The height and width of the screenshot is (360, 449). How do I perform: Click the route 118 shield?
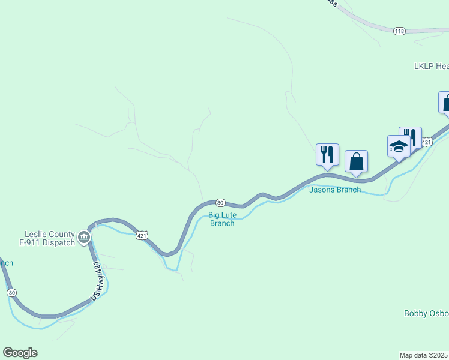coord(400,31)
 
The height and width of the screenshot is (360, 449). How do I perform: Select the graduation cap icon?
coord(398,146)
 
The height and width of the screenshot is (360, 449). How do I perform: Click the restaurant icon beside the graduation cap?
coord(410,137)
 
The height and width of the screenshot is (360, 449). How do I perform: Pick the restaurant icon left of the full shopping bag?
coord(327,154)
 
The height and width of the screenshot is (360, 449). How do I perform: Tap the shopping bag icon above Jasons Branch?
coord(356,161)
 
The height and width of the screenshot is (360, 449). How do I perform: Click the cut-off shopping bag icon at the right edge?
coord(445,102)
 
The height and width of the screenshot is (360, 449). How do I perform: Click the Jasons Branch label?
coord(335,190)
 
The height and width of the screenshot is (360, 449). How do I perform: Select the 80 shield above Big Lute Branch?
coord(220,203)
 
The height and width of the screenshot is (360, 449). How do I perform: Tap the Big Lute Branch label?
coord(221,219)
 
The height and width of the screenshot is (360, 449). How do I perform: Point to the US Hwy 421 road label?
coord(98,280)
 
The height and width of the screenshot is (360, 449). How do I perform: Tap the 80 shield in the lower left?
coord(11,293)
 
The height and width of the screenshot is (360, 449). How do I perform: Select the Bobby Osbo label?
coord(426,313)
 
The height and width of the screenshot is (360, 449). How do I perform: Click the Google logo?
coord(20,353)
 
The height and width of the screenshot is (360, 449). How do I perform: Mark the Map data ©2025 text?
coord(424,355)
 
